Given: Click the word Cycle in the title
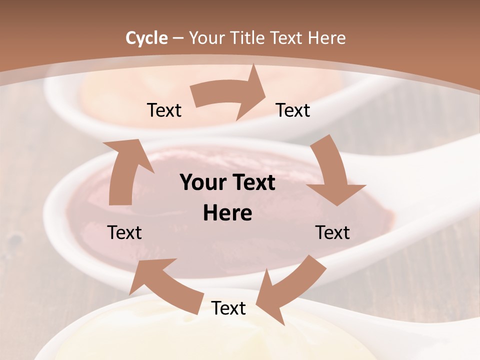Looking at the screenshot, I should pyautogui.click(x=146, y=38).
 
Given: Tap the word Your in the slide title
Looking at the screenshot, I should pyautogui.click(x=205, y=38).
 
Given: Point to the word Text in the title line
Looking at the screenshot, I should pyautogui.click(x=288, y=38).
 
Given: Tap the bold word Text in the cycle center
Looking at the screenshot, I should pyautogui.click(x=252, y=183).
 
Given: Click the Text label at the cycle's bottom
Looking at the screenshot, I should pyautogui.click(x=228, y=308).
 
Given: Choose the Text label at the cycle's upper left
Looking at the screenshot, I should pyautogui.click(x=164, y=110).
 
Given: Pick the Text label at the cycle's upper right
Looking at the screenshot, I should pyautogui.click(x=293, y=110).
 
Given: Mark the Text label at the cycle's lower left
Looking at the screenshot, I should pyautogui.click(x=124, y=232).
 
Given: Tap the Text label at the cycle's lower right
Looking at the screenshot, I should pyautogui.click(x=332, y=232).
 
